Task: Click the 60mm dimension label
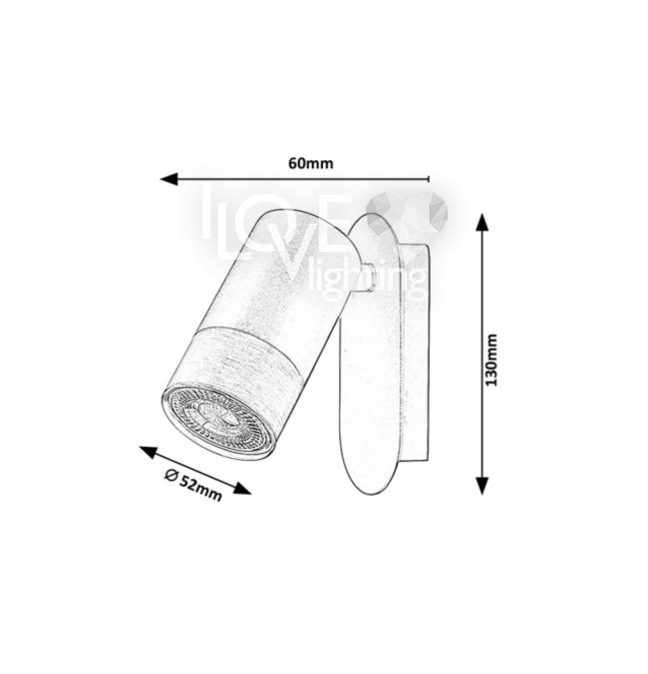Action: pyautogui.click(x=310, y=163)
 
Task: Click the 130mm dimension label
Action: pyautogui.click(x=490, y=359)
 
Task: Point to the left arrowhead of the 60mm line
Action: pyautogui.click(x=168, y=179)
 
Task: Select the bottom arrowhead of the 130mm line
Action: pyautogui.click(x=484, y=486)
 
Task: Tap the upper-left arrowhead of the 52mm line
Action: pyautogui.click(x=149, y=452)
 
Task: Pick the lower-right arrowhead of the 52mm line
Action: pyautogui.click(x=242, y=489)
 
